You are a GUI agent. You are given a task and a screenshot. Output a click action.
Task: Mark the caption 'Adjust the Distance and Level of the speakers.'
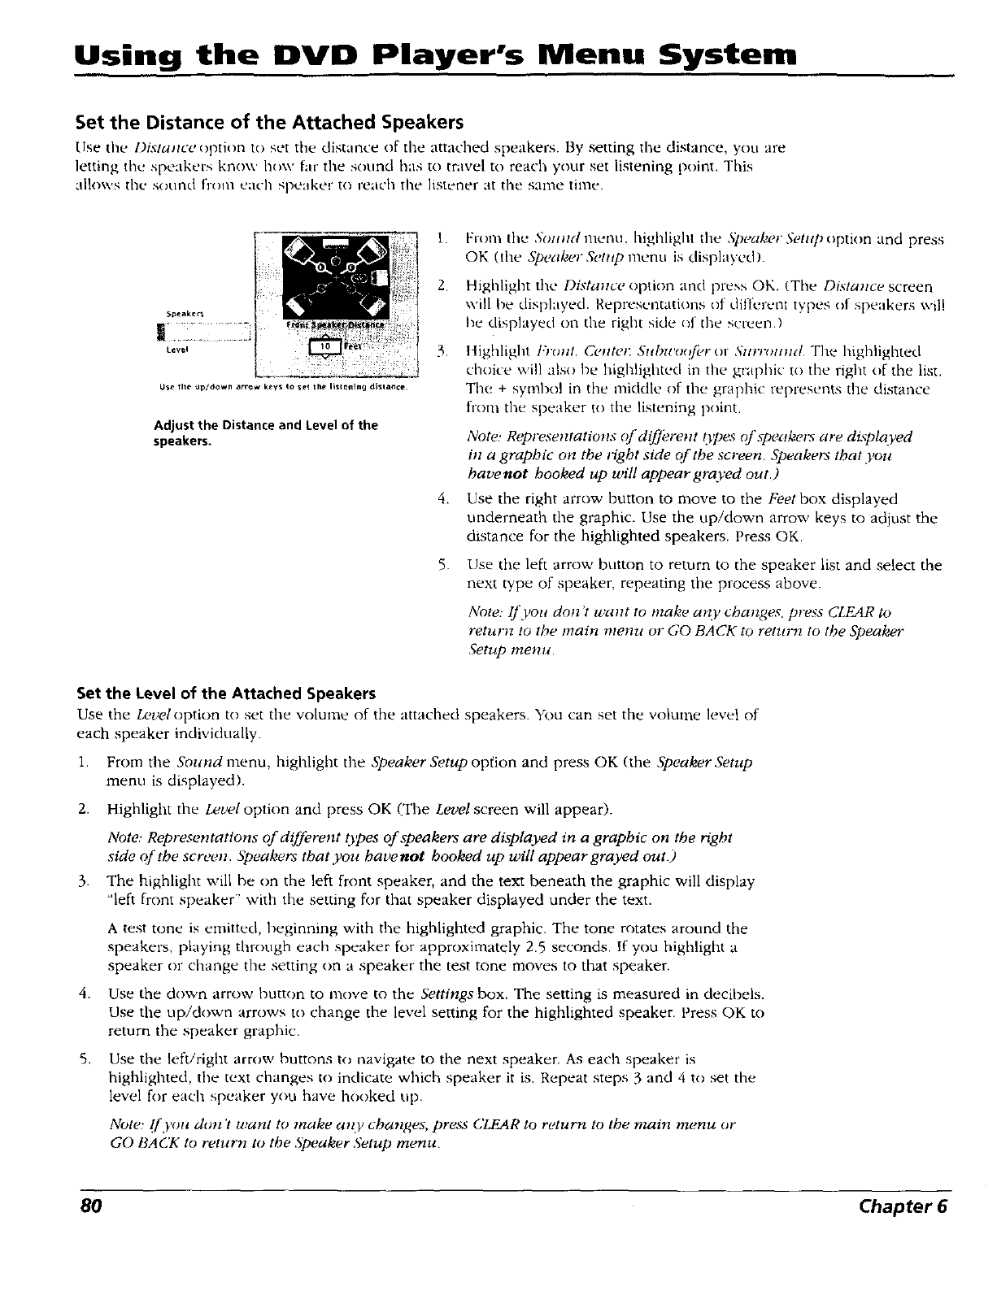pos(265,433)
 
